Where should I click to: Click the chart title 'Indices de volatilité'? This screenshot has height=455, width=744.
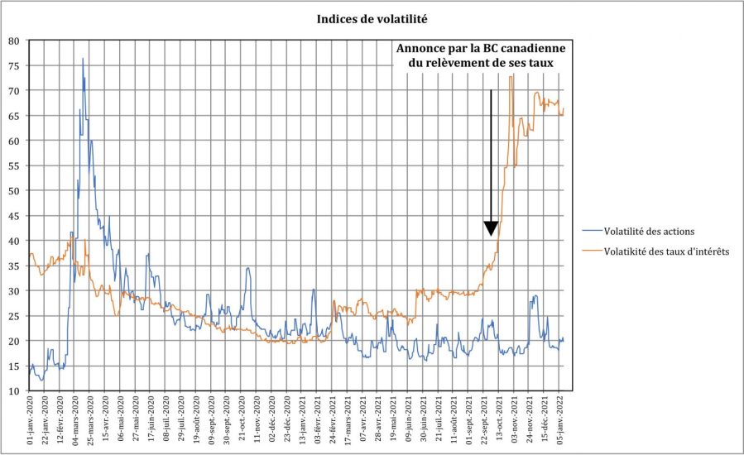tap(372, 17)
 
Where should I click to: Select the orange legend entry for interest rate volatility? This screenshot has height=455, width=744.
tap(667, 251)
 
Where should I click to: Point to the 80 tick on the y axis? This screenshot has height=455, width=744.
tap(14, 40)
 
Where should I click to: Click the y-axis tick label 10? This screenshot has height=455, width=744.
tap(14, 390)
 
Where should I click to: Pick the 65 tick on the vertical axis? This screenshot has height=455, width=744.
tap(14, 115)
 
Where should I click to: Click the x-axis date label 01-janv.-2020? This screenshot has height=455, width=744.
tap(31, 422)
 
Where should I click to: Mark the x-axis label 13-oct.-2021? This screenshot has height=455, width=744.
tap(500, 422)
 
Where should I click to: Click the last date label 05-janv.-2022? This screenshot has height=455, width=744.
tap(560, 422)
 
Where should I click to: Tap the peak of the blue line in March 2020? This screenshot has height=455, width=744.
tap(83, 59)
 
